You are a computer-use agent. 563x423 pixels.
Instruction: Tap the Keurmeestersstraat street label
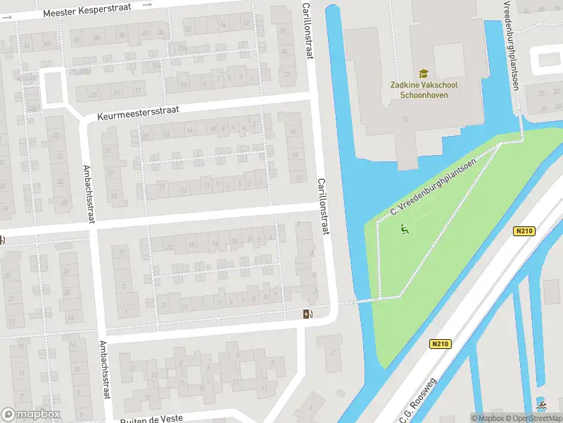pyautogui.click(x=139, y=111)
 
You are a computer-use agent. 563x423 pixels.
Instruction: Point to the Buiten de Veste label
pyautogui.click(x=151, y=418)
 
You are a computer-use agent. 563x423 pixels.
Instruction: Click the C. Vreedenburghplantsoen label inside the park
pyautogui.click(x=434, y=186)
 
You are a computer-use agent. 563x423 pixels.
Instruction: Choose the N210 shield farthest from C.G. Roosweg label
pyautogui.click(x=524, y=231)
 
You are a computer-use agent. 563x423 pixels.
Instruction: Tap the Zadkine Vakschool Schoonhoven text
pyautogui.click(x=424, y=90)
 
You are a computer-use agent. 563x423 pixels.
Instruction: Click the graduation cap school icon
pyautogui.click(x=424, y=73)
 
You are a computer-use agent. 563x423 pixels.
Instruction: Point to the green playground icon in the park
pyautogui.click(x=405, y=228)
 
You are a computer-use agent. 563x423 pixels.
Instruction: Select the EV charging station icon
pyautogui.click(x=308, y=314)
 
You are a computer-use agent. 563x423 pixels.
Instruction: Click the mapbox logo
pyautogui.click(x=30, y=414)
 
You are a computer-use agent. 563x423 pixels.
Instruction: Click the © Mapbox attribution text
pyautogui.click(x=488, y=418)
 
